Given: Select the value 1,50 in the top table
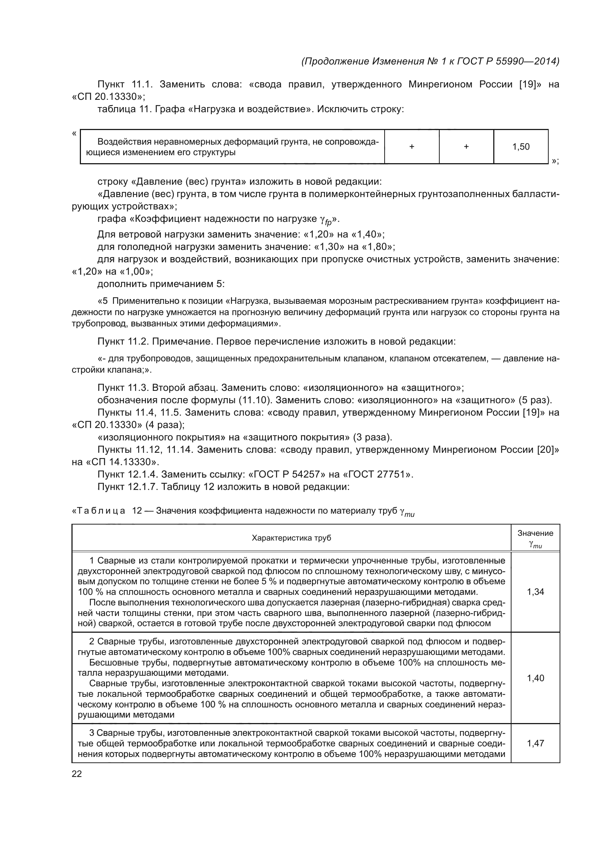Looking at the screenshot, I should click(521, 146).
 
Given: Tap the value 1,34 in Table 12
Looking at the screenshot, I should click(535, 592).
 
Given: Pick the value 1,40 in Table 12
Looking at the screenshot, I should click(535, 678).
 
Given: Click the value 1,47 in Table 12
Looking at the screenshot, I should click(535, 743).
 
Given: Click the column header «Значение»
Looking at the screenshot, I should click(535, 533).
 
